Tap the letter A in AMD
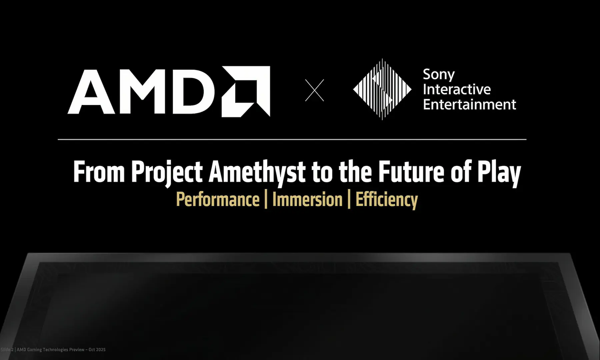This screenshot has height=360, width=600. click(92, 92)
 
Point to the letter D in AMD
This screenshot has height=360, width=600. click(193, 92)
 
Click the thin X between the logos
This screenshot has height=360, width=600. click(315, 90)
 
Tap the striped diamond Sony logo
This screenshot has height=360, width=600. click(382, 89)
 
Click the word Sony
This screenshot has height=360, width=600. click(439, 75)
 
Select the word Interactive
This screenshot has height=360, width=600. click(457, 89)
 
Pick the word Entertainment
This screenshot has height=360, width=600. click(470, 104)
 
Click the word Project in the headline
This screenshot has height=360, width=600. click(167, 173)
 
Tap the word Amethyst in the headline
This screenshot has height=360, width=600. click(257, 173)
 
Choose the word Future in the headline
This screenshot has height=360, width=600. click(411, 172)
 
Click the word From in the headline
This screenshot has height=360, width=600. click(99, 172)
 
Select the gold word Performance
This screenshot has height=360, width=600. click(218, 199)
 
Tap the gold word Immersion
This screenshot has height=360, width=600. click(307, 199)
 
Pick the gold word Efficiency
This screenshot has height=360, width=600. click(387, 200)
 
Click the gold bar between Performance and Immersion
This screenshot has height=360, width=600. click(266, 200)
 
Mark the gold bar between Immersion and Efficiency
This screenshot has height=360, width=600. click(349, 200)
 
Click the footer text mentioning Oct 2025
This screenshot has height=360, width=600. click(53, 350)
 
